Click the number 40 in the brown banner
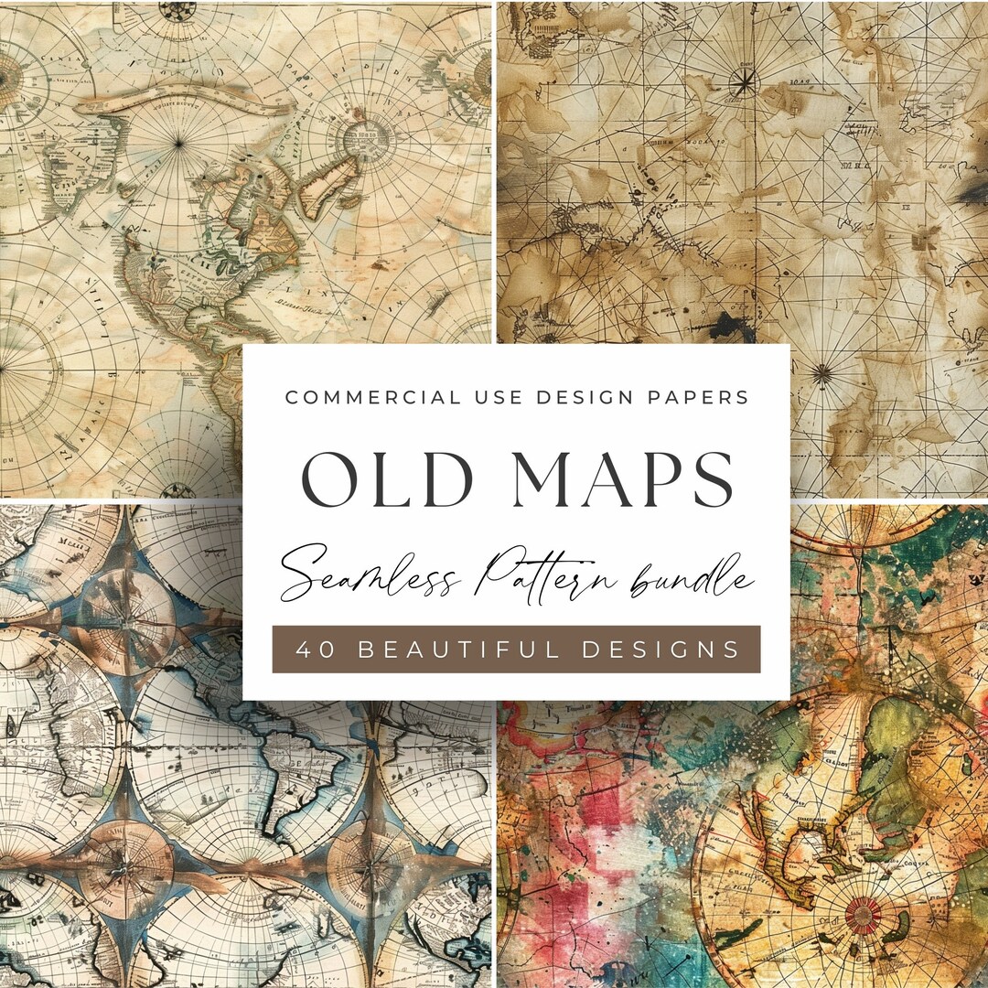[309, 650]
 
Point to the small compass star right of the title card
[822, 372]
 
